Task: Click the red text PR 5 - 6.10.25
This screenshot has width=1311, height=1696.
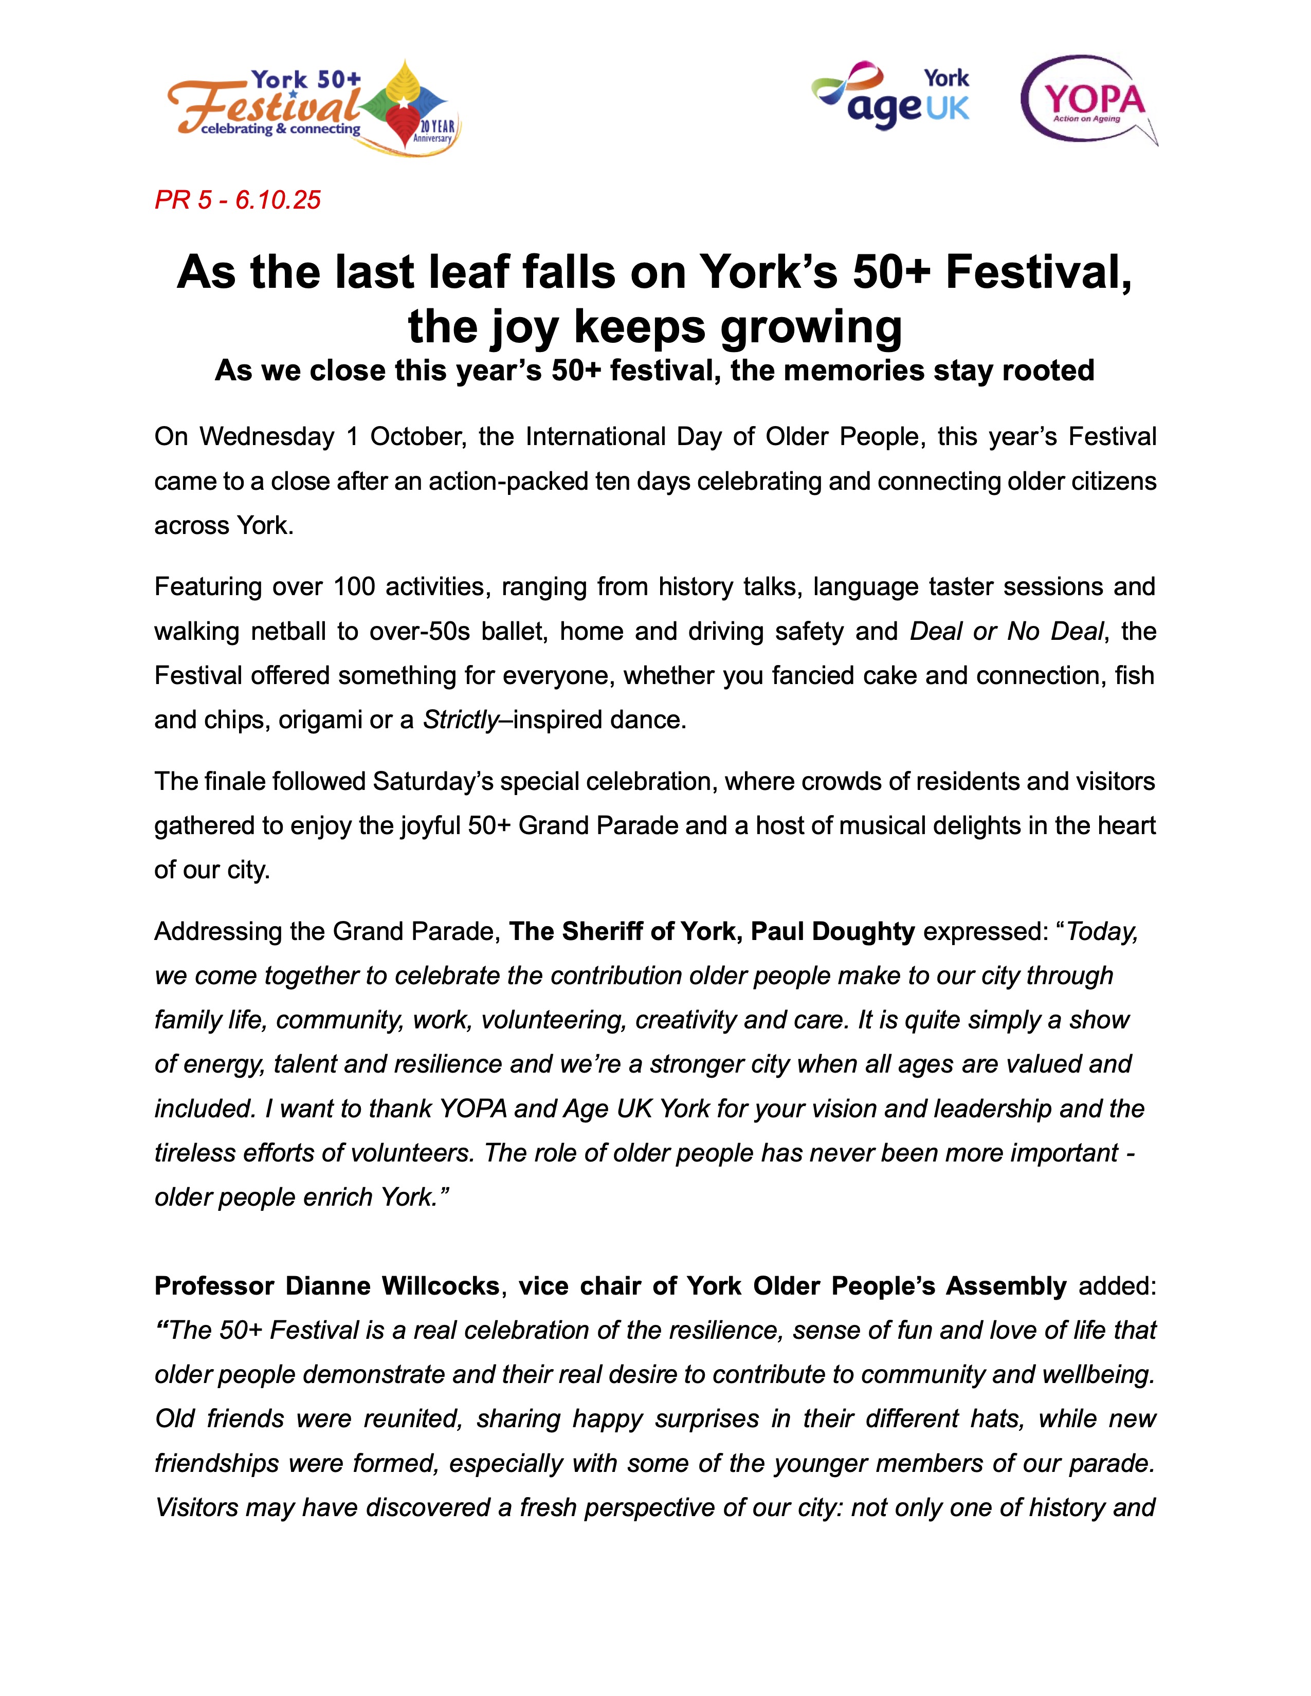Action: pyautogui.click(x=237, y=200)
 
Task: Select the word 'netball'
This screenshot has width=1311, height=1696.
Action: pyautogui.click(x=288, y=631)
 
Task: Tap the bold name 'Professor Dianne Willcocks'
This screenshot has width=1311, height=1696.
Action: pyautogui.click(x=326, y=1286)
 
